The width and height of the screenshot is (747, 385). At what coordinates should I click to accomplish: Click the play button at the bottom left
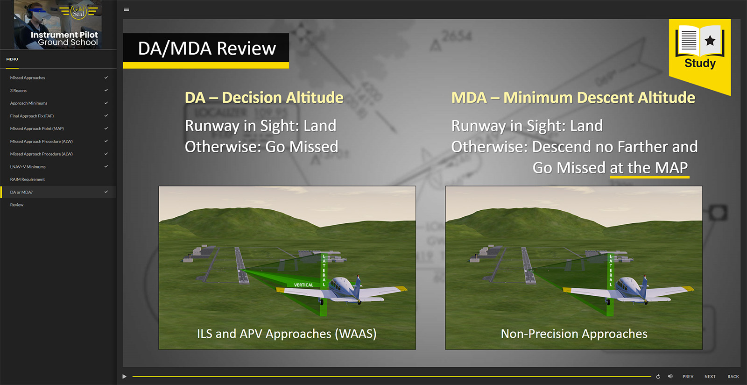click(x=124, y=376)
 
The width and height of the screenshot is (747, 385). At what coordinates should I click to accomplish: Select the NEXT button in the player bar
click(x=710, y=376)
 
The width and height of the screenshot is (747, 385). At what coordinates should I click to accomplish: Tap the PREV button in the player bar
click(x=688, y=376)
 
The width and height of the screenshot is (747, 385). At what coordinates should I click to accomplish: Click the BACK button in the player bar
click(x=733, y=376)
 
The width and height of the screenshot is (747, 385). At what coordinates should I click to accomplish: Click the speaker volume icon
click(x=670, y=376)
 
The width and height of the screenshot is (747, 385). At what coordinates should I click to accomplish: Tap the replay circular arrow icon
click(x=658, y=377)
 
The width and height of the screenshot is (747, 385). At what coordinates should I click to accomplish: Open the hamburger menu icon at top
click(x=127, y=9)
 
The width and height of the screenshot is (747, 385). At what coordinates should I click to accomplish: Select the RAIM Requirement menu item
click(x=28, y=179)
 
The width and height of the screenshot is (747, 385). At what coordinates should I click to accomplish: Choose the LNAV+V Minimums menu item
click(x=28, y=167)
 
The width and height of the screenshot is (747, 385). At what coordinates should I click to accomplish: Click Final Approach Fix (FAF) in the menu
click(x=32, y=116)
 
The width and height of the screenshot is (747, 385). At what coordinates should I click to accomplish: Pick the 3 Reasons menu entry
click(x=18, y=91)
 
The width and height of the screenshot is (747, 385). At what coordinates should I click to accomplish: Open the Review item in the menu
click(x=17, y=205)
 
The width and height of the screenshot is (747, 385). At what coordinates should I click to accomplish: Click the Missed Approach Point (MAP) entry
click(x=37, y=128)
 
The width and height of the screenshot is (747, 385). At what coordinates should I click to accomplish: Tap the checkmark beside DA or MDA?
click(x=106, y=192)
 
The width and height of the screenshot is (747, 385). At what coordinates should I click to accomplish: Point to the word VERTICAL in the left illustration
click(x=303, y=285)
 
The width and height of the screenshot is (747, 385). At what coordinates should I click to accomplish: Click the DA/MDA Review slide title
click(x=207, y=49)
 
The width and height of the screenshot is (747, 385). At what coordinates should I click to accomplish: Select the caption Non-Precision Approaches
click(x=574, y=334)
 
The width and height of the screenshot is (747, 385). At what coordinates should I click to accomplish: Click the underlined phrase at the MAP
click(x=649, y=167)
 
